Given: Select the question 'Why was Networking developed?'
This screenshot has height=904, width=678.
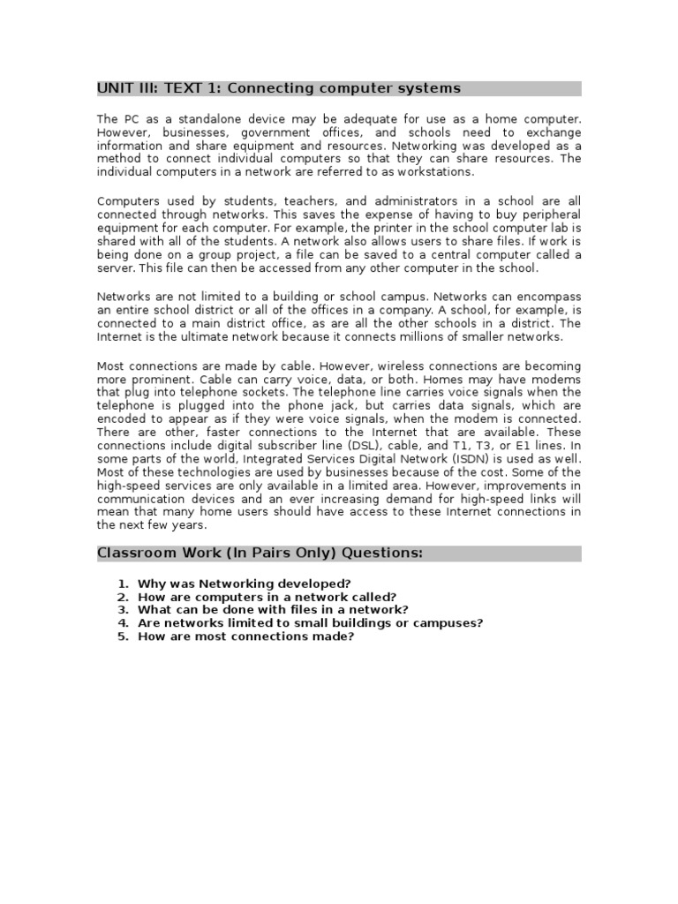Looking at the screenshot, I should click(x=245, y=584).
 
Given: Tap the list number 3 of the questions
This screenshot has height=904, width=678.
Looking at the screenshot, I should click(x=124, y=610).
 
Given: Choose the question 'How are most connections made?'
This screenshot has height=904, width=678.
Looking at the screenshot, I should click(x=245, y=637).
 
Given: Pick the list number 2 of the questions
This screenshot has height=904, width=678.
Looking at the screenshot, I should click(x=124, y=597).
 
